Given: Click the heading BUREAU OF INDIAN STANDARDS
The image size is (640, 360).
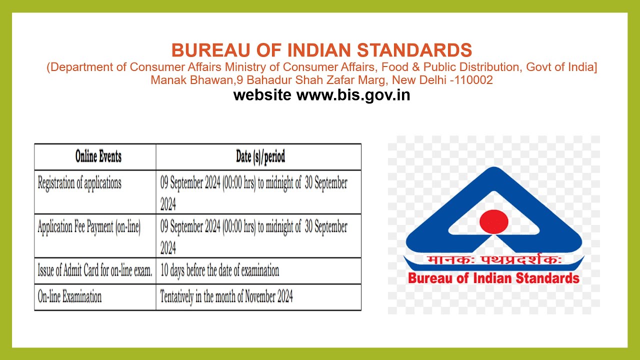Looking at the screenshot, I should (321, 50).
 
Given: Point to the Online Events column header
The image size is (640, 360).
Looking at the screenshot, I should (98, 156).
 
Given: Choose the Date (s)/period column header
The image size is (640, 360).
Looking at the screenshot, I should (260, 156).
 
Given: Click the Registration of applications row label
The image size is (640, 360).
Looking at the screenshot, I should (79, 183).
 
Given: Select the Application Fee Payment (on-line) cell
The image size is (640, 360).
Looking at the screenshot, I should (89, 227).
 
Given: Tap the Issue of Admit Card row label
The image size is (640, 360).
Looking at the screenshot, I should (95, 271).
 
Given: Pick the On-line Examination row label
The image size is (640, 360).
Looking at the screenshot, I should (69, 297).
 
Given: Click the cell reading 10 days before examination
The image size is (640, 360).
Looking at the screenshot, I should (219, 271).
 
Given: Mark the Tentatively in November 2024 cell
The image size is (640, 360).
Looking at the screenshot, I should (226, 297).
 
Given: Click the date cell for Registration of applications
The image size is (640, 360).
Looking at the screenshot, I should (253, 192).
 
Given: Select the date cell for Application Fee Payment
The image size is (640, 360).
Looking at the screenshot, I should (253, 236).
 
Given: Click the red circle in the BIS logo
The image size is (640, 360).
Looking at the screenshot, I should (493, 220).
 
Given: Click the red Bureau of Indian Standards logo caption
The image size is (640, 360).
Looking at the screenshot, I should (493, 278).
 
